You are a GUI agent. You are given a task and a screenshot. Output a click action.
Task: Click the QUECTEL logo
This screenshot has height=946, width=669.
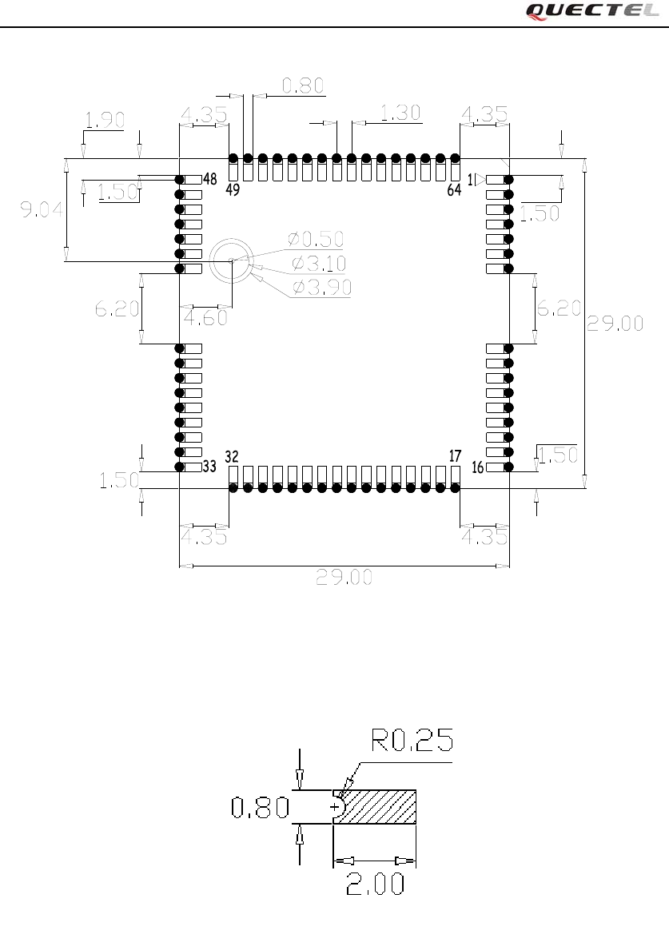(x=592, y=11)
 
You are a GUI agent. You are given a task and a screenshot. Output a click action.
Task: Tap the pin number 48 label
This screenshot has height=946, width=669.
(x=210, y=179)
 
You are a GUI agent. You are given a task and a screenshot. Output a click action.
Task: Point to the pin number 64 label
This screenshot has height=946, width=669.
(x=454, y=190)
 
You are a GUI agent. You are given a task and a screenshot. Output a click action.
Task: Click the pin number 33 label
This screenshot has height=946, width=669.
(x=210, y=467)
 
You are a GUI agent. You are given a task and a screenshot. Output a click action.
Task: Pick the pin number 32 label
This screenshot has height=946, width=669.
(x=232, y=456)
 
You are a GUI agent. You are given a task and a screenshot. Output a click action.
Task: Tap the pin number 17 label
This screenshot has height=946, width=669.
(x=455, y=456)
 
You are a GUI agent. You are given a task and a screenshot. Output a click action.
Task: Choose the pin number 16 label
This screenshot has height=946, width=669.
(x=477, y=467)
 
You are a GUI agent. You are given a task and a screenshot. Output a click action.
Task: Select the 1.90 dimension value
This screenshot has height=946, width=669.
(x=105, y=120)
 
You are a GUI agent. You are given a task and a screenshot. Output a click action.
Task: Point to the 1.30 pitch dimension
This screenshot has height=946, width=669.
(x=400, y=113)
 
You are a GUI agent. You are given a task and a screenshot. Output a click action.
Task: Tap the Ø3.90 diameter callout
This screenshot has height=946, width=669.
(x=321, y=288)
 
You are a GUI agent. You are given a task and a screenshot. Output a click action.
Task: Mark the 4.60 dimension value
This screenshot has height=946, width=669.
(x=205, y=317)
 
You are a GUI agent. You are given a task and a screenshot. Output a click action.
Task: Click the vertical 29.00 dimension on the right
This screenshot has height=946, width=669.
(x=615, y=323)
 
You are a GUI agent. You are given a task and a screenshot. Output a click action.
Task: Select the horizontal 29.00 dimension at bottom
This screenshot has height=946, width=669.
(x=344, y=577)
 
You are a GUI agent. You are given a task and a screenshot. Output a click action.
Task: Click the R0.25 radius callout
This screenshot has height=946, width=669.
(x=412, y=741)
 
